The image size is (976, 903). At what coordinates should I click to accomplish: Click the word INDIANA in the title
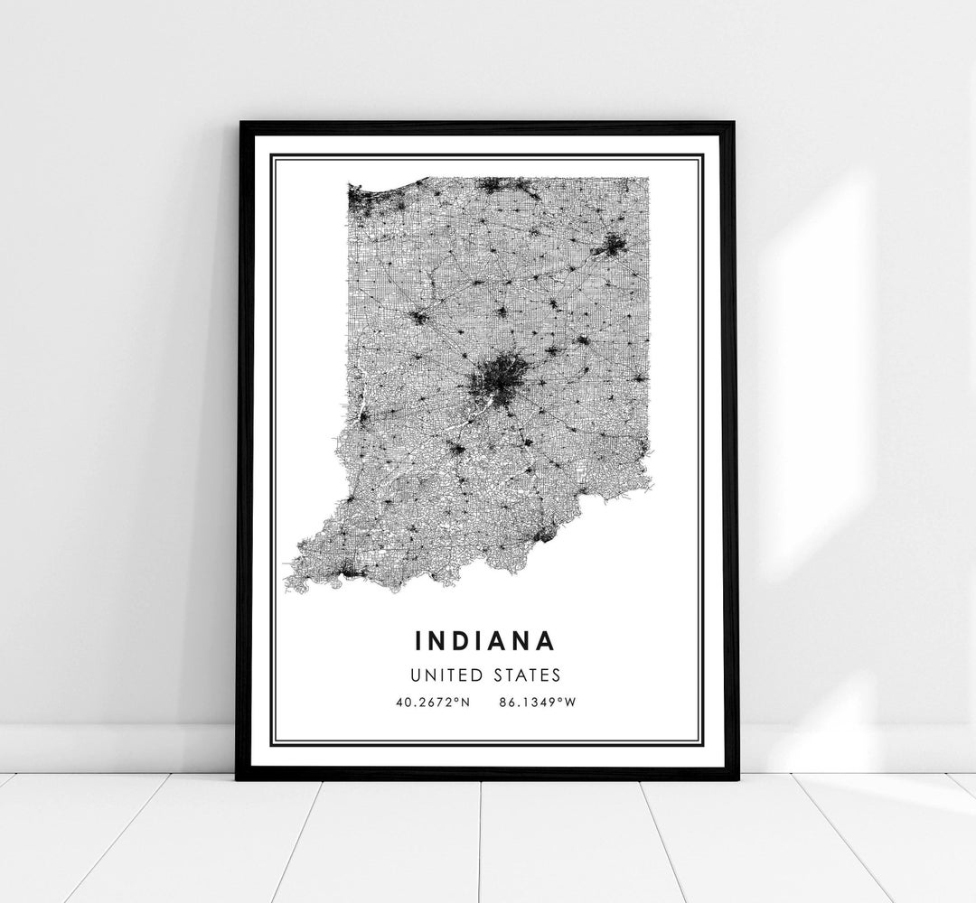484,640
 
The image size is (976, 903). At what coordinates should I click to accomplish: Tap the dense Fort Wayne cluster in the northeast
612,245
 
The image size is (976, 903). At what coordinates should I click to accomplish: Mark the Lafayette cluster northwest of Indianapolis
418,316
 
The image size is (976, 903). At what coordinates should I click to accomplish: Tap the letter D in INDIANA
455,640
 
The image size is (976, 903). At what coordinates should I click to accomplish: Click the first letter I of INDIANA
418,640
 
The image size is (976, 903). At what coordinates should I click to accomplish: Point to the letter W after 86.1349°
569,703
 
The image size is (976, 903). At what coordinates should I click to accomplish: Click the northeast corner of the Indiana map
647,180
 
